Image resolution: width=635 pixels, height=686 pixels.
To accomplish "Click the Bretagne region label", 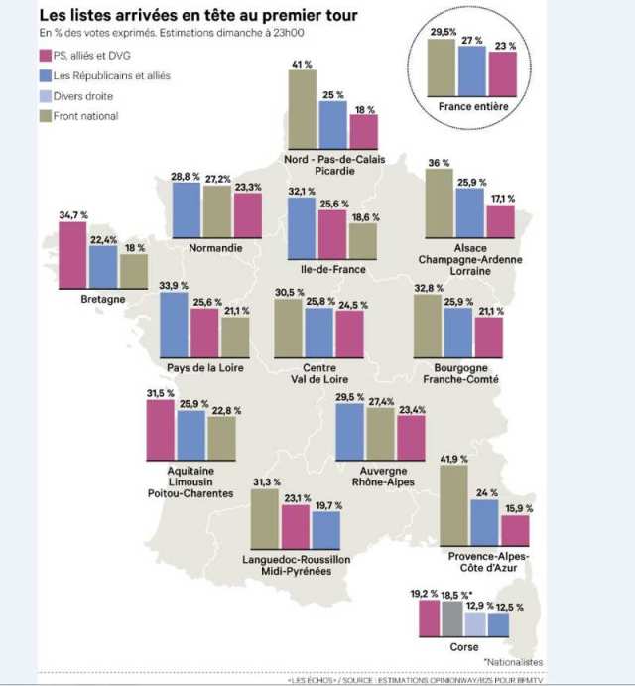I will [102, 298].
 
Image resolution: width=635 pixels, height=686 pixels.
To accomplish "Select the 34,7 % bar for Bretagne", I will [72, 253].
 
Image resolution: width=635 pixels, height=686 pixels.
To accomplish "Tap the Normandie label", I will [216, 248].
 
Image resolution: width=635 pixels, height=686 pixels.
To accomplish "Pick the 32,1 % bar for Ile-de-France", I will [302, 227].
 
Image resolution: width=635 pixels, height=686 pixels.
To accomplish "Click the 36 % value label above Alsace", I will [438, 162].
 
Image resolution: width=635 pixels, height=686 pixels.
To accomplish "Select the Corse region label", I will [463, 646].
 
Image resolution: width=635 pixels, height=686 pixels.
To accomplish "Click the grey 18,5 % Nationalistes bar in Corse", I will [452, 618].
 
